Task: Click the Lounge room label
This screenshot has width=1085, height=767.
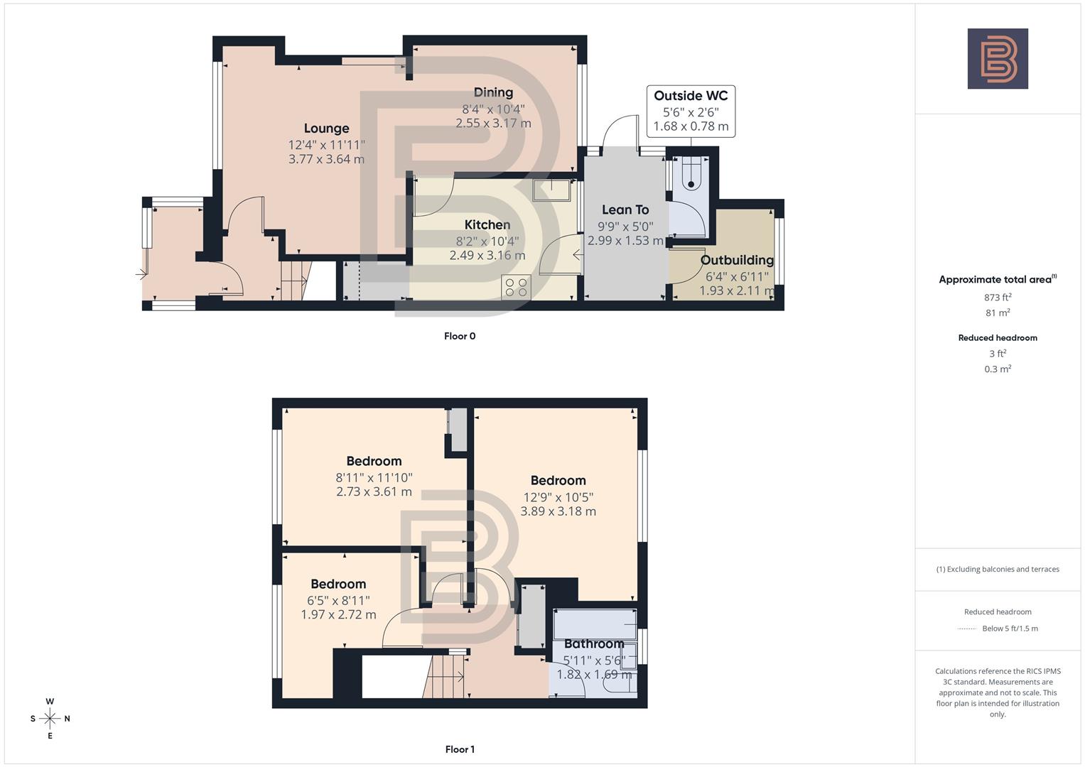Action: (x=326, y=129)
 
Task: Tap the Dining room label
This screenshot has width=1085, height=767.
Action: (x=493, y=92)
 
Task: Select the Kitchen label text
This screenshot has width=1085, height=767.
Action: (x=487, y=225)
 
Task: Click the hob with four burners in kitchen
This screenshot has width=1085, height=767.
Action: (x=516, y=287)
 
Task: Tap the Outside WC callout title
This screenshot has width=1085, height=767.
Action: (x=691, y=96)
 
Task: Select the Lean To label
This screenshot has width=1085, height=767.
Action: (x=625, y=210)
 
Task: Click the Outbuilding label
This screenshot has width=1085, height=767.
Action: (x=736, y=260)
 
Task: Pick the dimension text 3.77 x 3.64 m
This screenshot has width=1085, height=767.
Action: (x=326, y=159)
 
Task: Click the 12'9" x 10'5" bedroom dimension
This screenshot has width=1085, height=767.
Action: (x=558, y=497)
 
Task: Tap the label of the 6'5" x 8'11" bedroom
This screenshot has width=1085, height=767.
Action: (x=338, y=584)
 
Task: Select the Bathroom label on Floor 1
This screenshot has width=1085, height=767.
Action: (x=594, y=644)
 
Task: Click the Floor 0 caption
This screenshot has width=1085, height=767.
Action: (x=460, y=336)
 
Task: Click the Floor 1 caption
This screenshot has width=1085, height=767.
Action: (x=460, y=749)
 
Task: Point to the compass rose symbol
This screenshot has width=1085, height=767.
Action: (x=50, y=719)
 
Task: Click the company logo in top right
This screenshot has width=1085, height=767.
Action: (x=998, y=59)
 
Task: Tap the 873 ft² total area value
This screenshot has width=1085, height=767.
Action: (x=998, y=298)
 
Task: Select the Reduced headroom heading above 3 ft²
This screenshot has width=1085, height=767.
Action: (x=998, y=338)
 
